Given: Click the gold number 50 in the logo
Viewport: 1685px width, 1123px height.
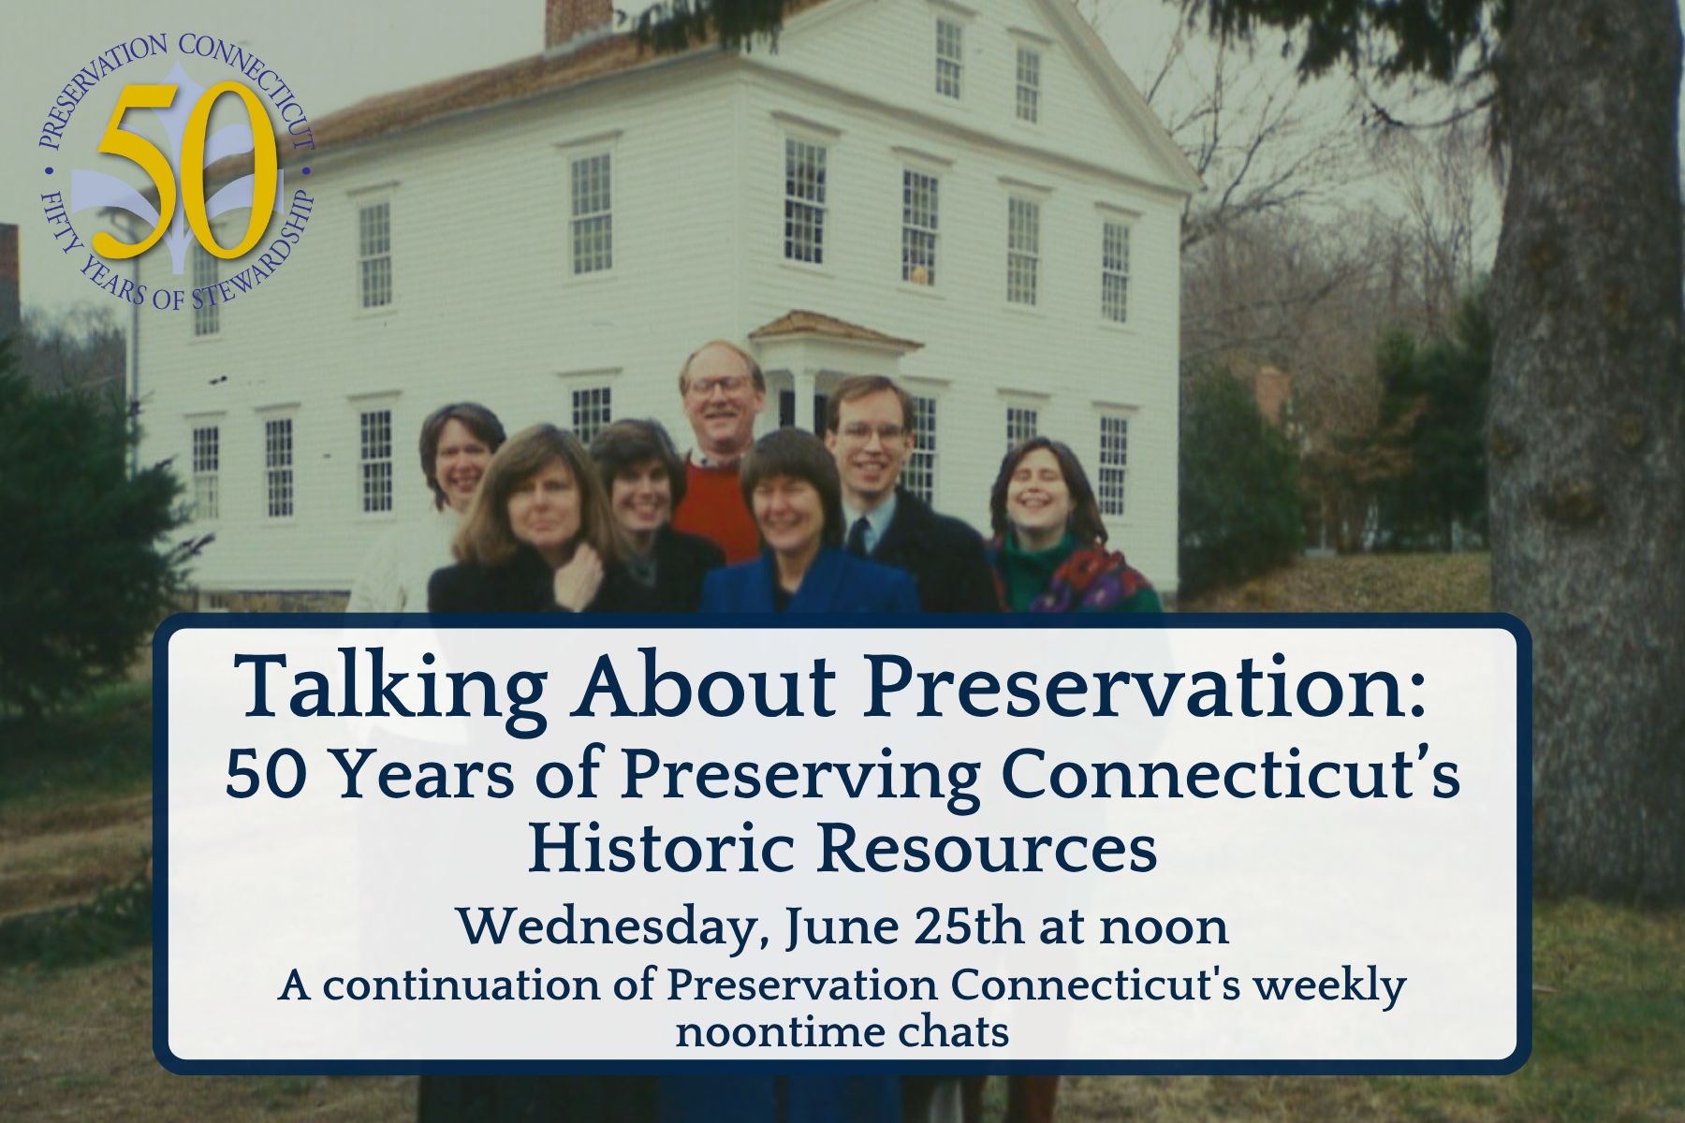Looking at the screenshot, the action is pos(187,170).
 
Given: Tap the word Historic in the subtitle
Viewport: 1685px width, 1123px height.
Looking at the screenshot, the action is pos(663,848).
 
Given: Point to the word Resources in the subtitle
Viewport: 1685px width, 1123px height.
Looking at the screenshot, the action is pos(988,848).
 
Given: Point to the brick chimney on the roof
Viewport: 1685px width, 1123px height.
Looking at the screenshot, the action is pos(579,21).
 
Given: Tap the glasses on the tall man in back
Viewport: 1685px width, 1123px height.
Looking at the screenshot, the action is pos(719,385).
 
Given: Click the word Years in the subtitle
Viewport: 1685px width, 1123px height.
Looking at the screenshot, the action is pos(423,775).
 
